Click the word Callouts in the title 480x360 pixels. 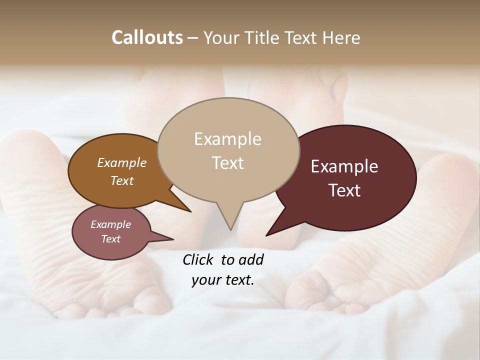click(147, 37)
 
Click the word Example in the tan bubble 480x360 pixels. click(227, 139)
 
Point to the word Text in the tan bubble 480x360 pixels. click(228, 163)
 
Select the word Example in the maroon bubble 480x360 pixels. click(344, 166)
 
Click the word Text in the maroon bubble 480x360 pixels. click(345, 190)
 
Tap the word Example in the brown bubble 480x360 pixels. click(122, 162)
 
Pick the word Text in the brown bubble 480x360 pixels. click(122, 180)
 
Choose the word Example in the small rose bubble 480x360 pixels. click(110, 224)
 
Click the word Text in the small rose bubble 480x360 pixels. click(110, 239)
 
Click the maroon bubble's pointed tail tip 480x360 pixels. click(267, 235)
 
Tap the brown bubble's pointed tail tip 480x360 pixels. click(190, 211)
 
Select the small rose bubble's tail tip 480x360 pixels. click(173, 239)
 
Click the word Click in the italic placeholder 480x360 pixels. click(199, 259)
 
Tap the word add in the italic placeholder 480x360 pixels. click(251, 259)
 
